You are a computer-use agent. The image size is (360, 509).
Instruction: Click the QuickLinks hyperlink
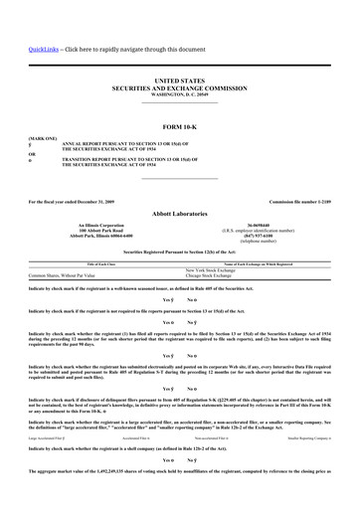(43, 49)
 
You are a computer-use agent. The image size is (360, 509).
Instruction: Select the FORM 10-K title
(179, 128)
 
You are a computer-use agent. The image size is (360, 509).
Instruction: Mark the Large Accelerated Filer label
(50, 436)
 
